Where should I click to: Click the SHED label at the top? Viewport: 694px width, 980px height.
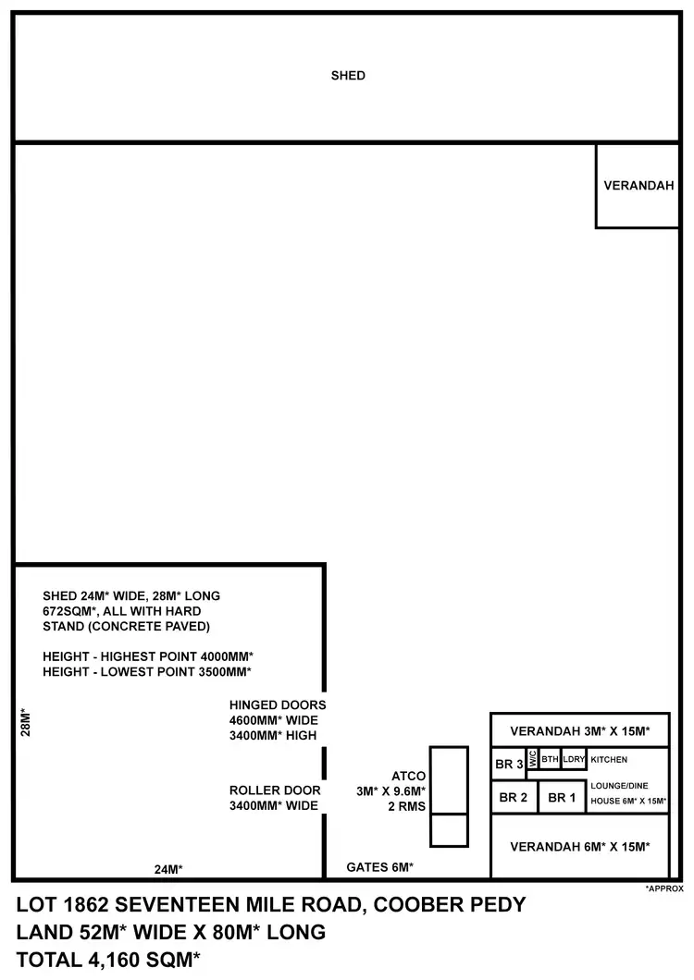pyautogui.click(x=348, y=76)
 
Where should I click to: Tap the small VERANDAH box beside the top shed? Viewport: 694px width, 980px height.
pyautogui.click(x=638, y=185)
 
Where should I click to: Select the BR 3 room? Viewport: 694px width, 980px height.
pyautogui.click(x=509, y=765)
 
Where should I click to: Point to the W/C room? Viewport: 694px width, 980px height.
pyautogui.click(x=532, y=760)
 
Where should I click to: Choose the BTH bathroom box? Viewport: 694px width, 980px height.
pyautogui.click(x=550, y=759)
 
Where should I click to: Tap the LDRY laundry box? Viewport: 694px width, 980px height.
pyautogui.click(x=574, y=759)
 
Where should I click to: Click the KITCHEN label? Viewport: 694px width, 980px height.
pyautogui.click(x=609, y=760)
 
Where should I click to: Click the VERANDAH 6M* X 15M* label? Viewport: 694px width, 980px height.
pyautogui.click(x=579, y=846)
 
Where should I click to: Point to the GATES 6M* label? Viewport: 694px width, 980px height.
pyautogui.click(x=379, y=867)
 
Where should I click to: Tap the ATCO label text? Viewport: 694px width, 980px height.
pyautogui.click(x=409, y=775)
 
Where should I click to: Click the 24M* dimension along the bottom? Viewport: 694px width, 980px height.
pyautogui.click(x=168, y=869)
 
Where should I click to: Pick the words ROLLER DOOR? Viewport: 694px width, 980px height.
pyautogui.click(x=275, y=790)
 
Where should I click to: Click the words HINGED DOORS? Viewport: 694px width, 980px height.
pyautogui.click(x=278, y=704)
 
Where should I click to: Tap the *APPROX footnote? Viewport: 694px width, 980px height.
pyautogui.click(x=664, y=888)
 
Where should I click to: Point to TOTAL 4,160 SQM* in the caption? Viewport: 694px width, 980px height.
pyautogui.click(x=109, y=960)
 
